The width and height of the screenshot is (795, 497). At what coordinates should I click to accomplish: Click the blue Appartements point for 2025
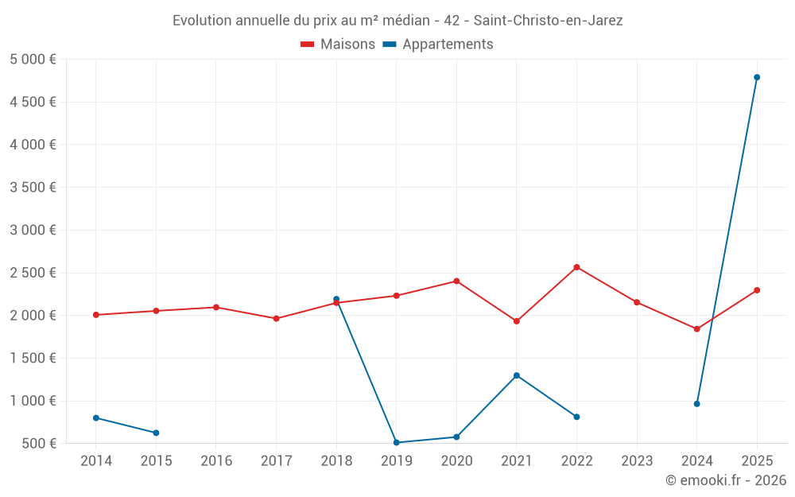(757, 77)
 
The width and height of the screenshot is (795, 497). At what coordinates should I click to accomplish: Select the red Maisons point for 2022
(576, 267)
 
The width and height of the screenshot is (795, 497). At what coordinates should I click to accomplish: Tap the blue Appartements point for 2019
(396, 442)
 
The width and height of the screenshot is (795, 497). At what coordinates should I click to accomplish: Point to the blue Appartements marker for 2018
(336, 299)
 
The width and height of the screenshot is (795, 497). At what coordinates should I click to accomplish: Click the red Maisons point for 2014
(96, 315)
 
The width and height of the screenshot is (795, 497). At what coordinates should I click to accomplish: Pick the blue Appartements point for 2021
(517, 375)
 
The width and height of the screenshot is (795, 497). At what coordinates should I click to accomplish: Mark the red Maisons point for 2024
(696, 328)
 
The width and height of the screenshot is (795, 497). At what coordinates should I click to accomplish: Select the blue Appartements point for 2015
(156, 433)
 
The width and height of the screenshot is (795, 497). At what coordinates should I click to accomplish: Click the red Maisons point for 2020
(456, 281)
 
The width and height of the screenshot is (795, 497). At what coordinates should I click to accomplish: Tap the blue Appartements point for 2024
(696, 404)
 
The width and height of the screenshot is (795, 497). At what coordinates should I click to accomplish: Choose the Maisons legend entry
(338, 45)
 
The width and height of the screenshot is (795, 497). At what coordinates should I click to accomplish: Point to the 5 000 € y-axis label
(33, 59)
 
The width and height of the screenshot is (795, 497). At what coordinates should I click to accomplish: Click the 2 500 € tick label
(33, 273)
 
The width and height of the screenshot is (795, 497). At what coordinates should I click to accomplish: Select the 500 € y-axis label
(37, 443)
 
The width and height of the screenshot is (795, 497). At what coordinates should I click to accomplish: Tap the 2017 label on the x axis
(276, 461)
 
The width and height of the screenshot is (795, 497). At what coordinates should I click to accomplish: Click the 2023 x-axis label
(636, 461)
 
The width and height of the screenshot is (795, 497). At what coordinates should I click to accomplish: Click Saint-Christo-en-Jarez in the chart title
(548, 21)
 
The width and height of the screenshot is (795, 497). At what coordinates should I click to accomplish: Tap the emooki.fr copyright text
(726, 480)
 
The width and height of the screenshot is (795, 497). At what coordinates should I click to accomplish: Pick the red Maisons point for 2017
(276, 318)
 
